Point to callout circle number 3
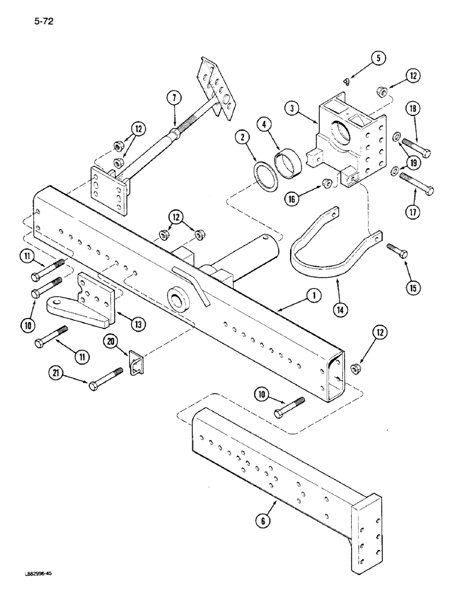(x=264, y=126)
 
